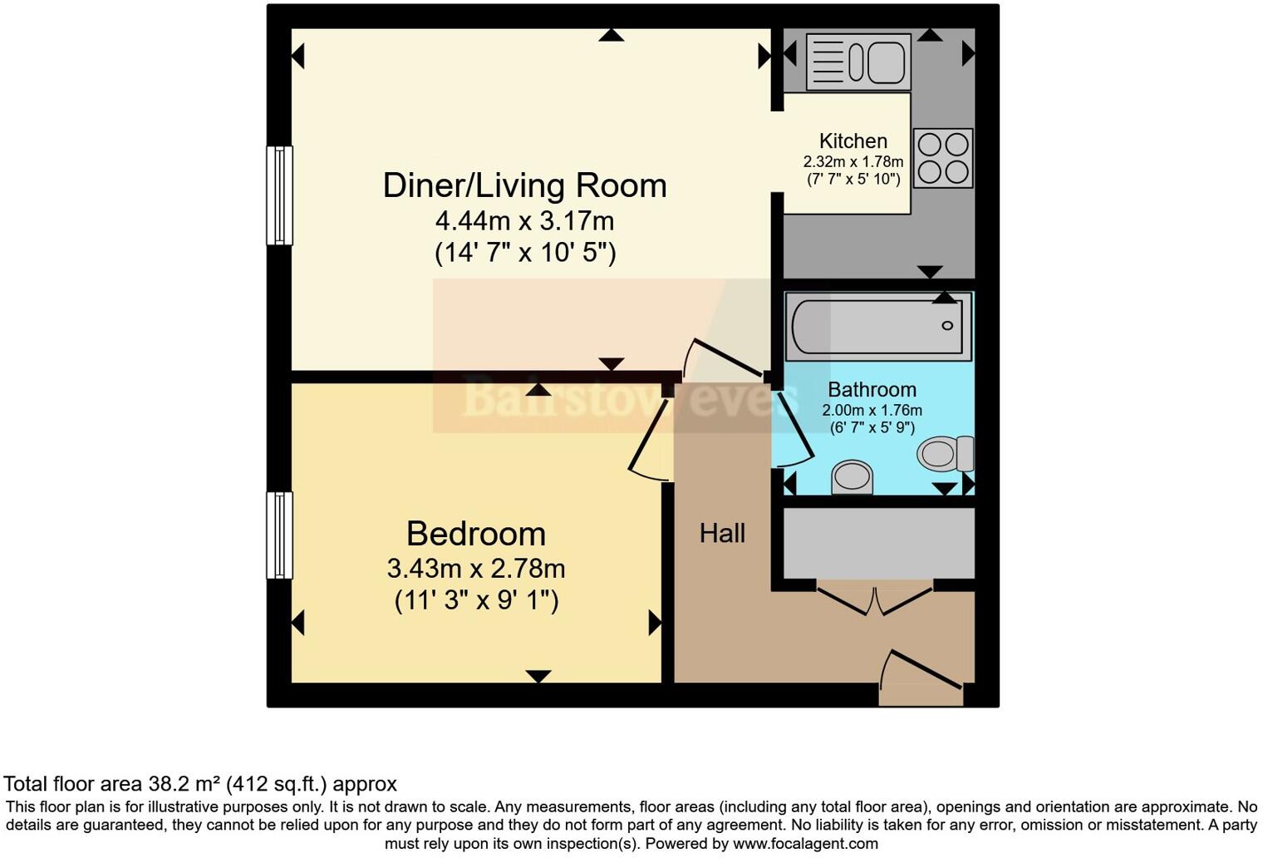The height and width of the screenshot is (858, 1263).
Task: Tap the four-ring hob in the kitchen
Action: pos(943,158)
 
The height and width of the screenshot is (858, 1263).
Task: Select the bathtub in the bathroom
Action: pos(877,326)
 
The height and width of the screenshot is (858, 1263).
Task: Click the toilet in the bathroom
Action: pos(946,454)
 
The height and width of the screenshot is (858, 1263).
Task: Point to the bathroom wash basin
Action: pos(853,478)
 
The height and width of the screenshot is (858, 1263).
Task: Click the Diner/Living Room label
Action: pos(524,185)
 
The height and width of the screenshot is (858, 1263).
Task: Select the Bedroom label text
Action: pos(475,534)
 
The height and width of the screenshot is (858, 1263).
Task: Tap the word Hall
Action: pos(722,534)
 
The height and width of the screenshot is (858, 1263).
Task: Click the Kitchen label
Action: pos(853,141)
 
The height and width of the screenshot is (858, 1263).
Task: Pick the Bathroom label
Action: pos(872,389)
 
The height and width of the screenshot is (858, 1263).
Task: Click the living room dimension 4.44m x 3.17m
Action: pos(524,221)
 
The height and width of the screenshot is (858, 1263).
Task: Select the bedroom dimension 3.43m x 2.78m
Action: pos(475,569)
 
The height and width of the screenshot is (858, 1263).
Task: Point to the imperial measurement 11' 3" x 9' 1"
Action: pos(475,600)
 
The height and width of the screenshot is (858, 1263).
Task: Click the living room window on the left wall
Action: pos(279,195)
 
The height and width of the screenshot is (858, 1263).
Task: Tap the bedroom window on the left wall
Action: pos(279,535)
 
